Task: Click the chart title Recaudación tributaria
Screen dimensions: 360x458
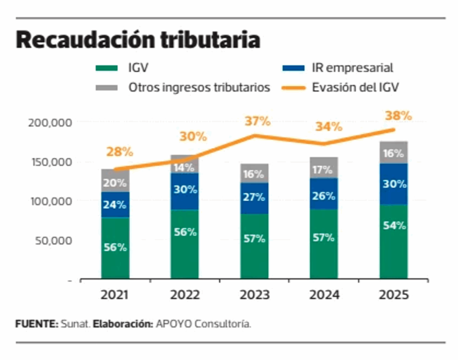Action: (138, 40)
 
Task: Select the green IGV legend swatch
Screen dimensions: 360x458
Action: (106, 68)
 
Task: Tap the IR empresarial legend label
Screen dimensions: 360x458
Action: (352, 68)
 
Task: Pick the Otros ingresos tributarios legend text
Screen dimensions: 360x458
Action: (199, 87)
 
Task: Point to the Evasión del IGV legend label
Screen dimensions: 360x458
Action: (355, 87)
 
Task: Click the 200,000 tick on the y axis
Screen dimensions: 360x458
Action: (50, 122)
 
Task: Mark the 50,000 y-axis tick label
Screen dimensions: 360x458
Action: (53, 241)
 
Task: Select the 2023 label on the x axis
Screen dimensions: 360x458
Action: (254, 295)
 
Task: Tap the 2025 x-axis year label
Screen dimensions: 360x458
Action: (394, 295)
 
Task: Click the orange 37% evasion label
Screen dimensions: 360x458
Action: (258, 121)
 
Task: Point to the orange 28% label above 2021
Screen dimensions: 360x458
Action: (119, 152)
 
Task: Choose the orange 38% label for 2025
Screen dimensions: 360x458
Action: (398, 116)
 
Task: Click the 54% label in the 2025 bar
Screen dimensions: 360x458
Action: (394, 225)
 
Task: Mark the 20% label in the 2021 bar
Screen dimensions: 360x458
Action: (115, 182)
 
